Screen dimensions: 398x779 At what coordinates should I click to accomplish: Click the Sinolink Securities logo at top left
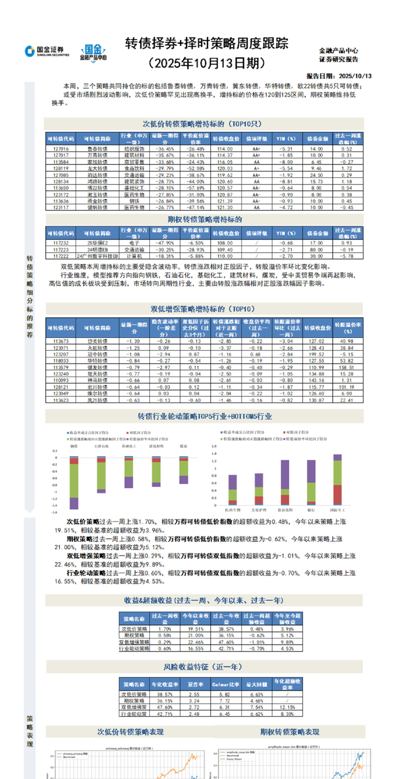[x=47, y=51]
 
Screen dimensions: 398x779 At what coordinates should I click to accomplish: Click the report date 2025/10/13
[x=355, y=76]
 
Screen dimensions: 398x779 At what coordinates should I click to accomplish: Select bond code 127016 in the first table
[x=61, y=149]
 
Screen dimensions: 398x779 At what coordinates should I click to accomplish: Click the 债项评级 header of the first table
[x=256, y=139]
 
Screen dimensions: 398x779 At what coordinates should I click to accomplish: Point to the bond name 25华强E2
[x=97, y=243]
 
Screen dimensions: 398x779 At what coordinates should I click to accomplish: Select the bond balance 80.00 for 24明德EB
[x=316, y=249]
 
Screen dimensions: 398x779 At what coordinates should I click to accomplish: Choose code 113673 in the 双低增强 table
[x=61, y=341]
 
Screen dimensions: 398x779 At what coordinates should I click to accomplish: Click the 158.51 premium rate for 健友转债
[x=346, y=367]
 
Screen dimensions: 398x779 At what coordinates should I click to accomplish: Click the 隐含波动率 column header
[x=164, y=327]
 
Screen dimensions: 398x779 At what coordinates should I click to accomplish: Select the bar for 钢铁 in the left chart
[x=74, y=482]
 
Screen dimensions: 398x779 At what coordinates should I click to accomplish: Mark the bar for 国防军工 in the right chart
[x=338, y=479]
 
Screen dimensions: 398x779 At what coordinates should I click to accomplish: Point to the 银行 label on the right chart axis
[x=311, y=510]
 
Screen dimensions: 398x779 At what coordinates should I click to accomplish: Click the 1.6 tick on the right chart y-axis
[x=214, y=446]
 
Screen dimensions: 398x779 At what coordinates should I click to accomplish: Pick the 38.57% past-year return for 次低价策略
[x=226, y=629]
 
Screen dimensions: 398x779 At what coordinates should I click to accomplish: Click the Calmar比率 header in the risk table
[x=226, y=684]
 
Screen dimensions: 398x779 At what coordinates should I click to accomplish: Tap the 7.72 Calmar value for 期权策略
[x=225, y=701]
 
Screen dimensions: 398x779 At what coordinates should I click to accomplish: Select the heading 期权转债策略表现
[x=289, y=732]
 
